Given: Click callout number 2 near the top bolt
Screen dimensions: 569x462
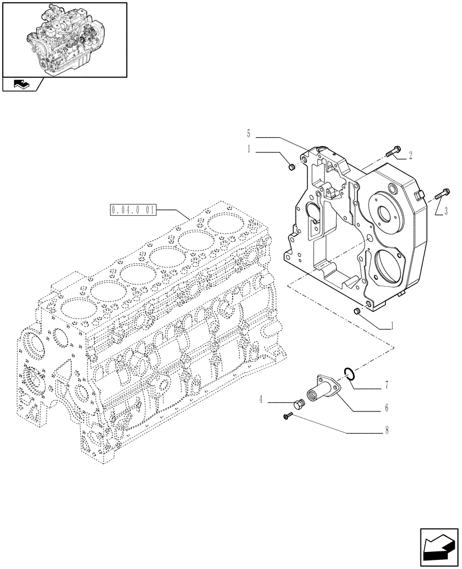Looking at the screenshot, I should pos(410,154).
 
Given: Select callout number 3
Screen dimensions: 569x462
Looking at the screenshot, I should pos(445,211).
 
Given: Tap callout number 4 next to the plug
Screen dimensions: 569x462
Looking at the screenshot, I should pos(261,400).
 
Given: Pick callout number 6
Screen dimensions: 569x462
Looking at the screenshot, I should pos(386,408).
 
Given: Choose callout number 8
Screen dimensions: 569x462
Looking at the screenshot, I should pos(386,431).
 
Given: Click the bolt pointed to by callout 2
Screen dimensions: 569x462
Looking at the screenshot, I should pos(392,152).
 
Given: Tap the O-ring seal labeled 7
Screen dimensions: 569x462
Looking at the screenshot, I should pos(350,373).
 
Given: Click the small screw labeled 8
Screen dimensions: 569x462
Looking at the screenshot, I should pos(287,418).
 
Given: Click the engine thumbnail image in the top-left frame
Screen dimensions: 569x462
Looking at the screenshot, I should pos(64,39).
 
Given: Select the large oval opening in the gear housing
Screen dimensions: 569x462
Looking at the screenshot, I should pos(388,267).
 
